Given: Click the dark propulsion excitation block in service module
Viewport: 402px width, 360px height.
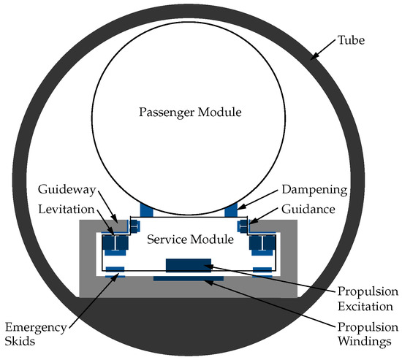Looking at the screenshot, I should click(189, 265).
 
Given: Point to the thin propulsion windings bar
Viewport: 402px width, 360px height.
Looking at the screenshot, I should click(188, 279).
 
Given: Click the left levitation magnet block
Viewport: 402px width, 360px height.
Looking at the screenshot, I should click(114, 243).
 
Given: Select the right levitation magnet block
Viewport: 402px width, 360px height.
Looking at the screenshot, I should click(262, 243).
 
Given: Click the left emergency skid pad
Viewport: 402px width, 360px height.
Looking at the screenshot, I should click(115, 272).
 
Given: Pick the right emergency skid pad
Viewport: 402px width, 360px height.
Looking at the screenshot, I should click(262, 272).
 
